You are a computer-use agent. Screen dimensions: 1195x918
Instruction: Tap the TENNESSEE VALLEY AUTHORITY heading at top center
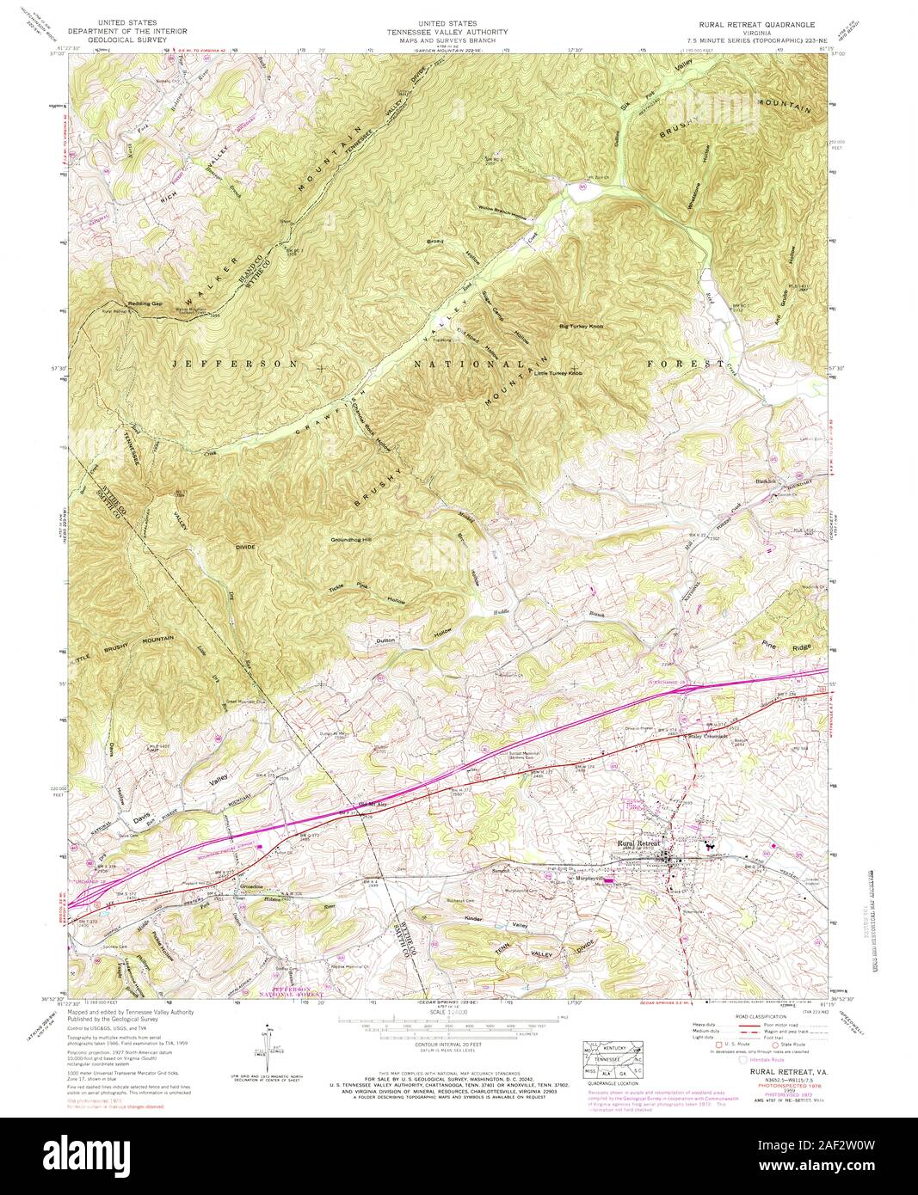click(459, 32)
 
